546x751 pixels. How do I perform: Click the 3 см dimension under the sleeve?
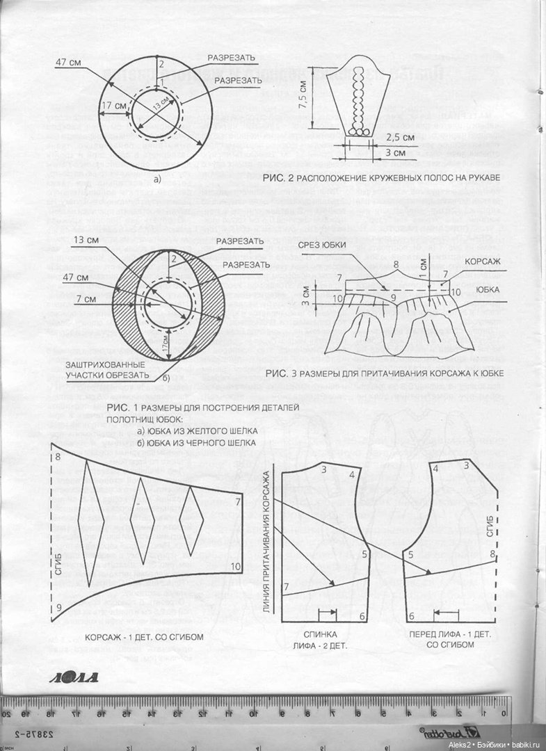(x=394, y=152)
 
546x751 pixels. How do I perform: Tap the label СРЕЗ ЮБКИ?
(x=321, y=245)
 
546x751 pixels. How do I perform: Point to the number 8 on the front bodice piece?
(x=492, y=554)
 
